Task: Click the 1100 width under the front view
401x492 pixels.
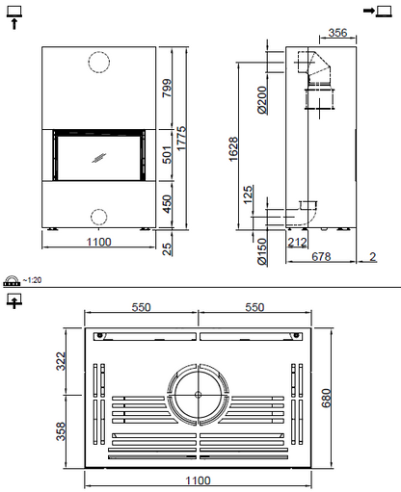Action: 99,243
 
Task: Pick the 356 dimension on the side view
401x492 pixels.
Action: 337,33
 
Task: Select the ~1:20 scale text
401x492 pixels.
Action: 32,280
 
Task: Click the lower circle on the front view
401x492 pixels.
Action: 99,215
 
